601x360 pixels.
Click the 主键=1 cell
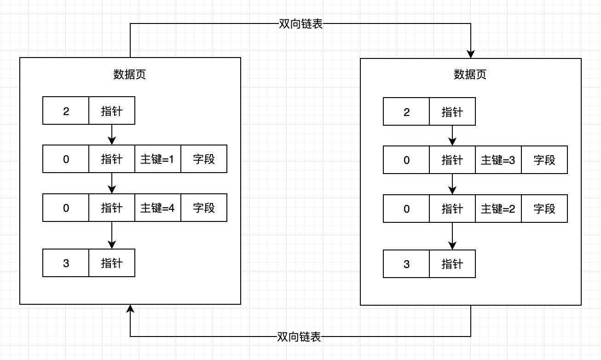[x=157, y=159]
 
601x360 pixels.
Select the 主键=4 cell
[x=157, y=208]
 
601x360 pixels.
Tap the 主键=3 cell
[x=498, y=160]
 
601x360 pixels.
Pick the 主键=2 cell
[x=498, y=209]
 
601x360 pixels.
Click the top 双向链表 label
[x=300, y=24]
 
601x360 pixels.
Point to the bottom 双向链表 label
[x=299, y=337]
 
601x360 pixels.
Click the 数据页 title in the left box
[x=130, y=75]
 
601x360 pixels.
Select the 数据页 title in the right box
[x=470, y=75]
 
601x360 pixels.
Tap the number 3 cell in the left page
[x=66, y=263]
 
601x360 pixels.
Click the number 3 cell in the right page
[x=406, y=264]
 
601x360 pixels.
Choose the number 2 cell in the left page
[x=66, y=111]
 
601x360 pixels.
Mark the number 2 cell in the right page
[x=406, y=112]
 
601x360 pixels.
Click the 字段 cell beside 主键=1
[x=204, y=159]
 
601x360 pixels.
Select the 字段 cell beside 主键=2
[x=544, y=209]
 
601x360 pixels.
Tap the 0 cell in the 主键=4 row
[x=66, y=208]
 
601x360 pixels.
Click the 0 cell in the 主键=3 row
[x=406, y=160]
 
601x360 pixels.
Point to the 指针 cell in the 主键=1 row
[x=112, y=159]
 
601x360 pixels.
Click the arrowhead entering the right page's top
[x=471, y=54]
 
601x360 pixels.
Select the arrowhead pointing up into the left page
[x=130, y=308]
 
